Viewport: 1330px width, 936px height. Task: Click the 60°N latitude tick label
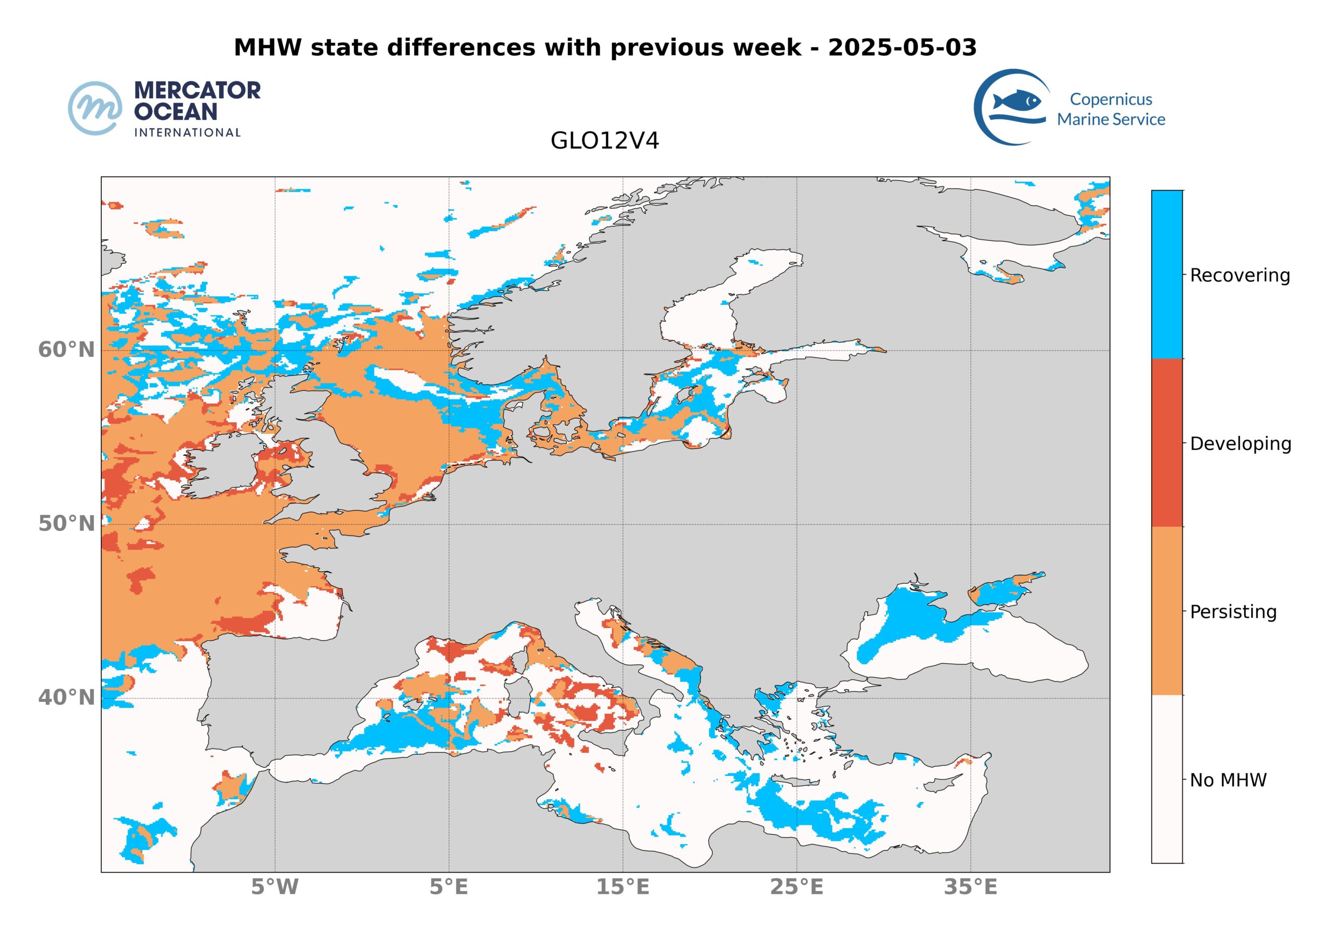(66, 350)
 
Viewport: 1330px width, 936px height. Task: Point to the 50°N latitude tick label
(66, 524)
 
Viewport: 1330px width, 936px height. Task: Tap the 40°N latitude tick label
(66, 698)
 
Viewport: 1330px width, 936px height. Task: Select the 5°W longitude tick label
(275, 887)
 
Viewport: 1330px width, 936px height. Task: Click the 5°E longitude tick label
(448, 887)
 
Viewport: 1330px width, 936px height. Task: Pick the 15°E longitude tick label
(623, 887)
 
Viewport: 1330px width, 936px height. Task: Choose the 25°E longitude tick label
(796, 887)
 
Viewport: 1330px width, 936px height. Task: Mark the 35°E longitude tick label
(970, 887)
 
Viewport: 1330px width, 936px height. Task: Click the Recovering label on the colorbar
(1240, 275)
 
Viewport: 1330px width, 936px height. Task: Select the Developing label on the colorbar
(1240, 444)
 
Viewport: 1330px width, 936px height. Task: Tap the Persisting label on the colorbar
(1233, 612)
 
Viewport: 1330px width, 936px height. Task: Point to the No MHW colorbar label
(1228, 780)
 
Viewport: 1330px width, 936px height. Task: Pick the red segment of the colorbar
(1167, 443)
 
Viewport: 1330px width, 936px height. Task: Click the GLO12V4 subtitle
(605, 141)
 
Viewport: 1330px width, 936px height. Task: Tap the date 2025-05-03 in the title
(902, 47)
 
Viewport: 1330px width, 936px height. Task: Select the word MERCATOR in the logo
(197, 90)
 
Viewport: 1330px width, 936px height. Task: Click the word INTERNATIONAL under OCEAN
(187, 132)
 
